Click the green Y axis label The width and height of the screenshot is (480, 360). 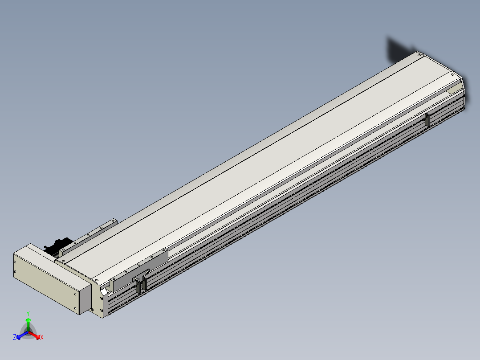(28, 313)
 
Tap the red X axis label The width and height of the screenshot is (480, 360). (42, 337)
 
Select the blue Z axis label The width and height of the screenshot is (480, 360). (14, 337)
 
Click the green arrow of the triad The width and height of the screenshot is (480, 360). (28, 324)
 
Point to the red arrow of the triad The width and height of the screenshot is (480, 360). (35, 335)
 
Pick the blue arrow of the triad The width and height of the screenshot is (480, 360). (22, 335)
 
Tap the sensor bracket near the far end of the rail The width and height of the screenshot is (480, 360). (427, 119)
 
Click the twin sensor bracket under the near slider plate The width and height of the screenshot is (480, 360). (141, 283)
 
